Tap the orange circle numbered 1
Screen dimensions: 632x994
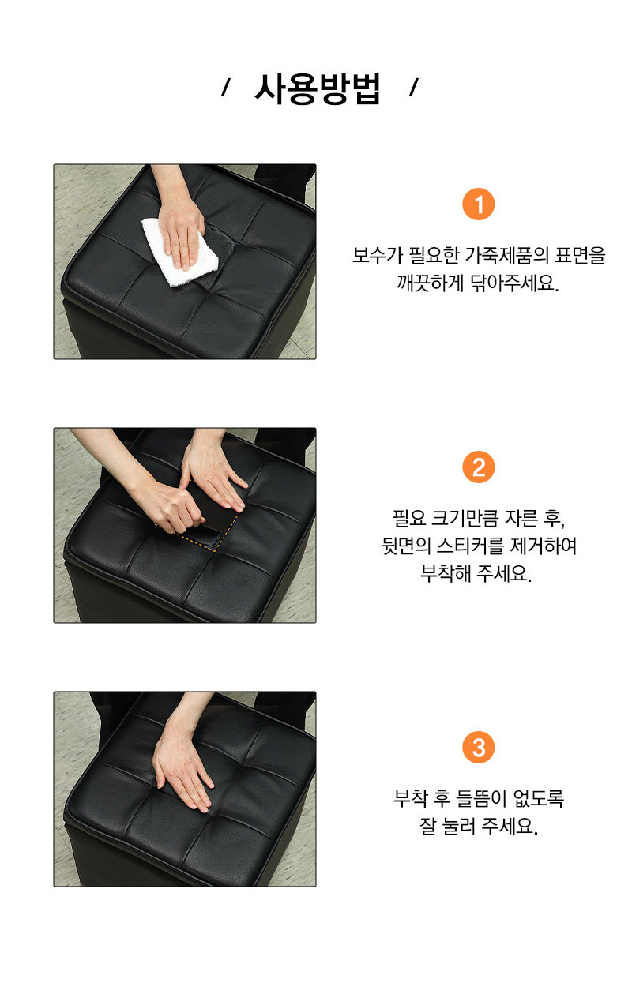478,204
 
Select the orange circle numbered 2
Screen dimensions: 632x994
478,467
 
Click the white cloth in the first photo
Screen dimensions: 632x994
179,252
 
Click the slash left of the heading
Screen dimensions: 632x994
225,88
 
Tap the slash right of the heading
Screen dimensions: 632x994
413,88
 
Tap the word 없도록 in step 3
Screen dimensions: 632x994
538,798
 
